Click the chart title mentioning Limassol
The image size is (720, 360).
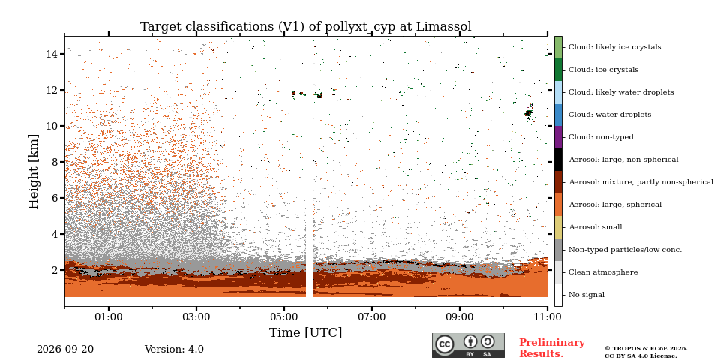306,27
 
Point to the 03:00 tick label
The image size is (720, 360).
196,316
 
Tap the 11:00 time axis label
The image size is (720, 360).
547,316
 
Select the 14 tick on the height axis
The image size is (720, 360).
52,54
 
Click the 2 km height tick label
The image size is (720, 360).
56,270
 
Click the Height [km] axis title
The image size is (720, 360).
34,172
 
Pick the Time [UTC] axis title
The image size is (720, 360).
305,332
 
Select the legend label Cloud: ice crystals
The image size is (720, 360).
603,70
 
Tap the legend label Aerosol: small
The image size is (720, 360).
595,227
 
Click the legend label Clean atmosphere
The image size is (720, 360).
603,272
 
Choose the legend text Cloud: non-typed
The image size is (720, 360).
601,137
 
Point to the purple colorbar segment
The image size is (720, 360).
558,137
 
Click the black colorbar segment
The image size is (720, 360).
558,160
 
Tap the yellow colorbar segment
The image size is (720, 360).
558,227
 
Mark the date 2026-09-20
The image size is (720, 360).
65,349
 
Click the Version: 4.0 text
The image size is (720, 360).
174,349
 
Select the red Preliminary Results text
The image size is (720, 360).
552,348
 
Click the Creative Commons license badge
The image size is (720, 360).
468,345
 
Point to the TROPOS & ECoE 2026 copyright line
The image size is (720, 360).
646,349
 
